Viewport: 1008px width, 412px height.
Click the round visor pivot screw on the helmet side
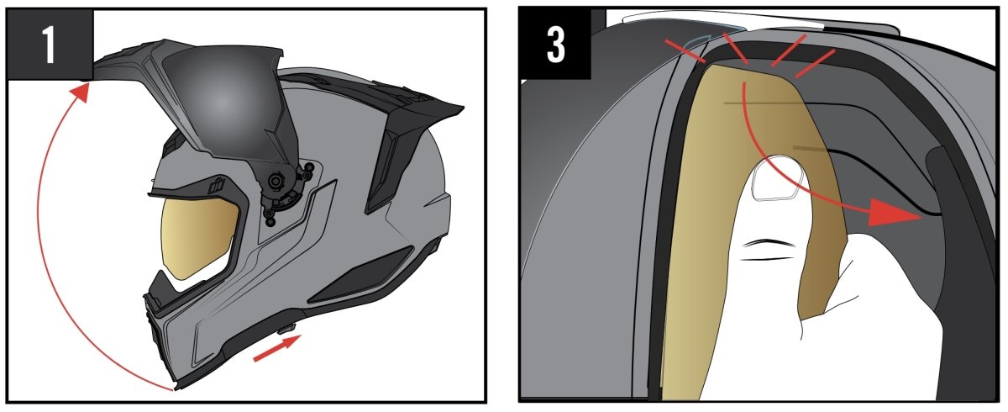point(274,181)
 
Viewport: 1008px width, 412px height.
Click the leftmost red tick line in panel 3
point(685,50)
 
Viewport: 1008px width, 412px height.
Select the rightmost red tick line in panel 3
point(815,64)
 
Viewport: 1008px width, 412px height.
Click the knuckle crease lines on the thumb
point(767,250)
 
